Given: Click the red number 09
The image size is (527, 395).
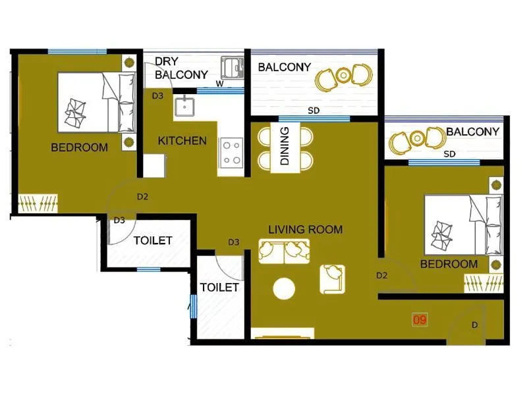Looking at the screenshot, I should click(420, 320).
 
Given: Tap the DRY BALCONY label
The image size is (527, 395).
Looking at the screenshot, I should click(181, 68).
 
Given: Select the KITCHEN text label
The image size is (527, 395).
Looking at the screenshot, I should click(182, 141).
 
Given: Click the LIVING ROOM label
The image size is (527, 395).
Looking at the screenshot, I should click(305, 230).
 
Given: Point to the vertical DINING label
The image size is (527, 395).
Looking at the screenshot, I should click(285, 146).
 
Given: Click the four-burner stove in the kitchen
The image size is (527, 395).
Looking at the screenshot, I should click(231, 152).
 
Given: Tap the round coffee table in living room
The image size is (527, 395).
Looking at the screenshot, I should click(284, 289).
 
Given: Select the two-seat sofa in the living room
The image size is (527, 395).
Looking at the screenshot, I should click(284, 251).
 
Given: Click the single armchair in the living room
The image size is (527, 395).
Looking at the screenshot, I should click(333, 278).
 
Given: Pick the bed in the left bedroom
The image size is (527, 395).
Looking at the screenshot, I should click(96, 101).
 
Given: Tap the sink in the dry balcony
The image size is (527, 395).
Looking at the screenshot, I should click(231, 67).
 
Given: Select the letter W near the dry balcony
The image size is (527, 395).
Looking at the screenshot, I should click(219, 84).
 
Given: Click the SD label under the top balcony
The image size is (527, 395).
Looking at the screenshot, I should click(314, 111).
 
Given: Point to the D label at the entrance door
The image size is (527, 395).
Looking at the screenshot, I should click(475, 325).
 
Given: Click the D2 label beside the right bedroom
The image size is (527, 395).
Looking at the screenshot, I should click(382, 275).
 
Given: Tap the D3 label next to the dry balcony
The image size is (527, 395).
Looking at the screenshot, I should click(157, 96).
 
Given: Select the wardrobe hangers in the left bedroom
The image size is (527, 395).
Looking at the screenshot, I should click(38, 204).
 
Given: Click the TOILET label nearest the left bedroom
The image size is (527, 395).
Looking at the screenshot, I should click(153, 241).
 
